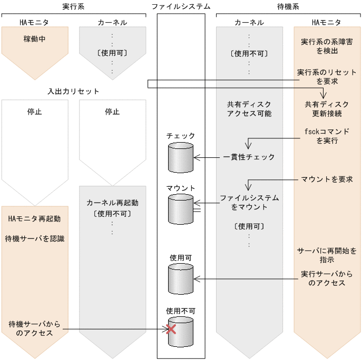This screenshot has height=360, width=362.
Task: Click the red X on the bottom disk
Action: tap(171, 329)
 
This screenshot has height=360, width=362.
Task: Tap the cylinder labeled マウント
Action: tap(180, 208)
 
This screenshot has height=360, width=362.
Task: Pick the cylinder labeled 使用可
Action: tap(180, 279)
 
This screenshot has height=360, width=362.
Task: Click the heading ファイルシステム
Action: tap(181, 7)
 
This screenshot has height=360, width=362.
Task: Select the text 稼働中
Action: tap(34, 39)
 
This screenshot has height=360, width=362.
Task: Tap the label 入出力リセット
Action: tap(73, 91)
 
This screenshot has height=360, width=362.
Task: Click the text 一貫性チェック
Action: tap(249, 157)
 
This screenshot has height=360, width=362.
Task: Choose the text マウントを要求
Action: tap(327, 179)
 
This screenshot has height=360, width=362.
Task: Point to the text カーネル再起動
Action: tap(112, 203)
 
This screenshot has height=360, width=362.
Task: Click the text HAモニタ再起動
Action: tap(34, 218)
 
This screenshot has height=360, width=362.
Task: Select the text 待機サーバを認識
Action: tap(34, 238)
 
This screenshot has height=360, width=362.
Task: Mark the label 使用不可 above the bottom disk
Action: tap(180, 311)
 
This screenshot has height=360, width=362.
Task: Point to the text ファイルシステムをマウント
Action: tap(249, 203)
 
